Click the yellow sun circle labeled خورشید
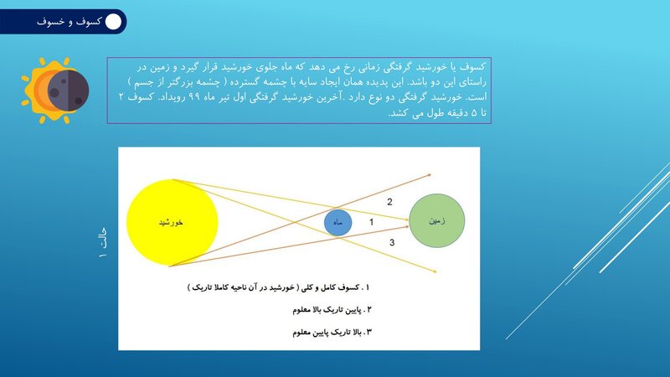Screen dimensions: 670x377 173,222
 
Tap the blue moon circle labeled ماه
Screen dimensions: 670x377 338,222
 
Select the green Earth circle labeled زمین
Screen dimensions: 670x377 436,220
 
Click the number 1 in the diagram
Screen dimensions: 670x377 371,222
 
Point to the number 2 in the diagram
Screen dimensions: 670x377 389,202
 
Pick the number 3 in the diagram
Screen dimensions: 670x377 392,243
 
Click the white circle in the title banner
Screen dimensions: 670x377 113,22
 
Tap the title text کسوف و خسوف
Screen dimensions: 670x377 69,22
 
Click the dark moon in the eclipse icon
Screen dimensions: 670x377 68,90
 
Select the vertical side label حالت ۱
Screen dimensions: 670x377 103,243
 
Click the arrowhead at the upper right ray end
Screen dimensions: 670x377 429,174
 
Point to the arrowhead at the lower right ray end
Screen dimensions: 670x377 434,271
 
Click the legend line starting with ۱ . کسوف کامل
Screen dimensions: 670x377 278,287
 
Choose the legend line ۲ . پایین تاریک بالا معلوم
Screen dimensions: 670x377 332,310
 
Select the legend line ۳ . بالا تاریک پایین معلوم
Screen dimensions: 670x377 332,332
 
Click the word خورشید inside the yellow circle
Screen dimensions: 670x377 171,222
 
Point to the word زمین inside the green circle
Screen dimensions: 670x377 437,220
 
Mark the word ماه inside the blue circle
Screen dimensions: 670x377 338,223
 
